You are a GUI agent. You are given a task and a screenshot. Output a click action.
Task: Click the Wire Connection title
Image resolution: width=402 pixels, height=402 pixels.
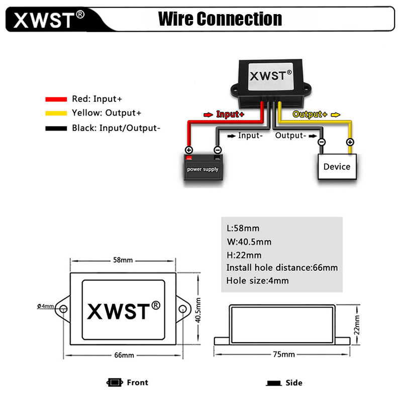pyautogui.click(x=220, y=19)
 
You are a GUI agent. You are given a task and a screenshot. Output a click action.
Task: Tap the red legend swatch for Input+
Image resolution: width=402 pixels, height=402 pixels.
pyautogui.click(x=56, y=99)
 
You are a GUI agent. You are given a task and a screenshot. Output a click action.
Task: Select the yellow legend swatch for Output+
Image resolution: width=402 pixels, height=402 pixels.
pyautogui.click(x=56, y=113)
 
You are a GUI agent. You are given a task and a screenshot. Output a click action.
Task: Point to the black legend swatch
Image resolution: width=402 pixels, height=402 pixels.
pyautogui.click(x=56, y=129)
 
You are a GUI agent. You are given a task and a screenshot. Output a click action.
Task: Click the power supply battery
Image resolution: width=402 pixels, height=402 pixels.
pyautogui.click(x=204, y=167)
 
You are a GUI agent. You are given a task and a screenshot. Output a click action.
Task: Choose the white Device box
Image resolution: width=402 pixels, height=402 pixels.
pyautogui.click(x=337, y=166)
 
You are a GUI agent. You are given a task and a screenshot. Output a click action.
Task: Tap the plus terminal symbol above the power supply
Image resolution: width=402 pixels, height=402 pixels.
pyautogui.click(x=189, y=150)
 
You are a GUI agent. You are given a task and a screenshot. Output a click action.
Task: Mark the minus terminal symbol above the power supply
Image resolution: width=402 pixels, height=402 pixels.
pyautogui.click(x=218, y=150)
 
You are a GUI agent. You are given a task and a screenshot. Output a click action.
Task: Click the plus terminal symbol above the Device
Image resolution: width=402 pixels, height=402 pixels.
pyautogui.click(x=350, y=142)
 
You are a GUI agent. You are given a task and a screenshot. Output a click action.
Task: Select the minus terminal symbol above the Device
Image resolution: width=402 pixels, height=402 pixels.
pyautogui.click(x=322, y=142)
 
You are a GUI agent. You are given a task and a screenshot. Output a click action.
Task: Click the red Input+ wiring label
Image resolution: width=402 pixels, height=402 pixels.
pyautogui.click(x=230, y=115)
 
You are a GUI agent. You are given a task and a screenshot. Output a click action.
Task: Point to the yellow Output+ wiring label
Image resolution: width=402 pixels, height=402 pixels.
pyautogui.click(x=310, y=115)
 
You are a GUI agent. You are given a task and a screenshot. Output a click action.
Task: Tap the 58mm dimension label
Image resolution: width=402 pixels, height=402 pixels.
pyautogui.click(x=123, y=260)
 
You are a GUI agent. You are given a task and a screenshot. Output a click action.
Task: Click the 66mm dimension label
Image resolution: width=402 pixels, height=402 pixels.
pyautogui.click(x=124, y=355)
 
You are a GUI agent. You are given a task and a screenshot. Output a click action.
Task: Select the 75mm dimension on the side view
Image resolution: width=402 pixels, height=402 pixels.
pyautogui.click(x=284, y=355)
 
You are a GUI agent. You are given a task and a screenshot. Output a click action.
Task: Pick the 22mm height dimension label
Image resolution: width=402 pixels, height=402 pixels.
pyautogui.click(x=357, y=325)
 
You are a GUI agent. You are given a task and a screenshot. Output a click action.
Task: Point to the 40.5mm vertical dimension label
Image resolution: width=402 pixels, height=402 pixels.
pyautogui.click(x=198, y=310)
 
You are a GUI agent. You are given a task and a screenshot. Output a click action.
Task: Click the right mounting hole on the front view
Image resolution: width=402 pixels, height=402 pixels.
pyautogui.click(x=182, y=309)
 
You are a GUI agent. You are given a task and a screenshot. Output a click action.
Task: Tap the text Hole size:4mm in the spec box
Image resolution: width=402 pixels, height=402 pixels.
pyautogui.click(x=257, y=281)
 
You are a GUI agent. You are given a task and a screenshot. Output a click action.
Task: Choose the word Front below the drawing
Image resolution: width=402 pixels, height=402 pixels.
pyautogui.click(x=137, y=382)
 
